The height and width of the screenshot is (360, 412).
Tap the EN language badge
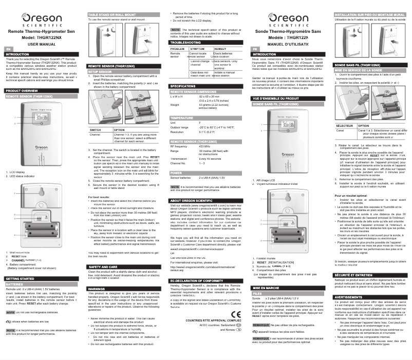[8, 48]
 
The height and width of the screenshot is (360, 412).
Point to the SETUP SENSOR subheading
[100, 72]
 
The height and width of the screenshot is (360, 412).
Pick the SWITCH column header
[96, 130]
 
